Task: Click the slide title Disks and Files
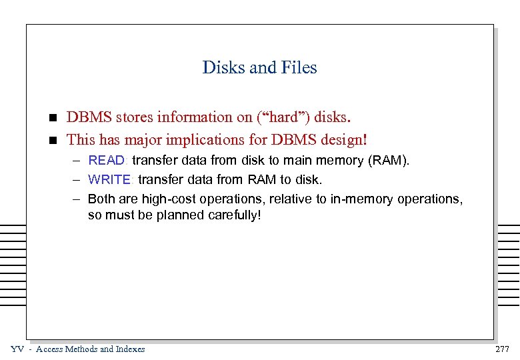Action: [x=259, y=67]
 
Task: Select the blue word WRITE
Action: [x=111, y=179]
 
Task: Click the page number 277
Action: [x=503, y=349]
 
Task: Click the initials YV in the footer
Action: [x=17, y=349]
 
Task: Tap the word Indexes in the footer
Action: [x=129, y=349]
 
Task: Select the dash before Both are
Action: [x=77, y=199]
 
